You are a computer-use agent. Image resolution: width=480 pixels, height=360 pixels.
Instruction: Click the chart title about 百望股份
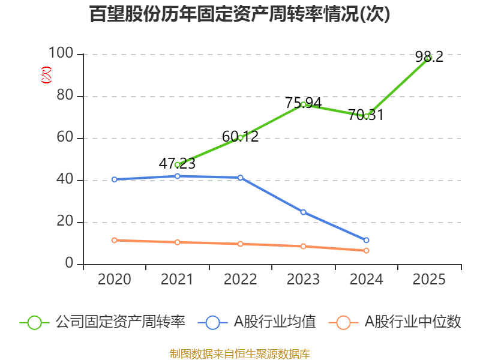click(239, 14)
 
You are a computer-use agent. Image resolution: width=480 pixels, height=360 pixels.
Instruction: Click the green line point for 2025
click(429, 58)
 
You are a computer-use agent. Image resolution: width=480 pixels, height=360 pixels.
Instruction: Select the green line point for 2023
click(303, 104)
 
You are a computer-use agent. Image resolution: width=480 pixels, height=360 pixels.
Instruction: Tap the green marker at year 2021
click(177, 164)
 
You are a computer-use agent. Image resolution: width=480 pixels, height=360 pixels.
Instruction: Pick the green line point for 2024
click(366, 116)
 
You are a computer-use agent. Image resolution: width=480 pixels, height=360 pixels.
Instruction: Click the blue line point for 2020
click(114, 179)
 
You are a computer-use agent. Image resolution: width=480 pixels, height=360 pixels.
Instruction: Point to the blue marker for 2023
click(303, 212)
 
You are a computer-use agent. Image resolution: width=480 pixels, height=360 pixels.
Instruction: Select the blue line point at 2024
click(366, 240)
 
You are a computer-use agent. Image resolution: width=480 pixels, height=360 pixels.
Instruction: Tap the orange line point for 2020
click(114, 240)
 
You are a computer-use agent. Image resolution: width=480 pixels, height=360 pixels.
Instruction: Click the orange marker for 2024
click(366, 250)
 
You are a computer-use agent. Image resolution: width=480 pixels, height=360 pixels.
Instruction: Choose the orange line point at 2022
click(240, 244)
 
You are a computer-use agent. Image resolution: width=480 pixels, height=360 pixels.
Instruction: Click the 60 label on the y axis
click(65, 138)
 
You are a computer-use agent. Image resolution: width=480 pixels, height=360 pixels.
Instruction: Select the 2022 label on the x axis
click(240, 280)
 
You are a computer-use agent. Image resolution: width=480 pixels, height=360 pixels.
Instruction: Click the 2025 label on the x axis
click(429, 280)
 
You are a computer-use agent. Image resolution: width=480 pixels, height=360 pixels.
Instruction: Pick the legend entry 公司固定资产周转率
click(103, 322)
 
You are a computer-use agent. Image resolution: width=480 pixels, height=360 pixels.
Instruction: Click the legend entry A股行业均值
click(260, 322)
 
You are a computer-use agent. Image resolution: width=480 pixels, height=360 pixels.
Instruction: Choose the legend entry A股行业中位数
click(396, 322)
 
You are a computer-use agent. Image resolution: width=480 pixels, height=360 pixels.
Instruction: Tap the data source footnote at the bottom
click(239, 353)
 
